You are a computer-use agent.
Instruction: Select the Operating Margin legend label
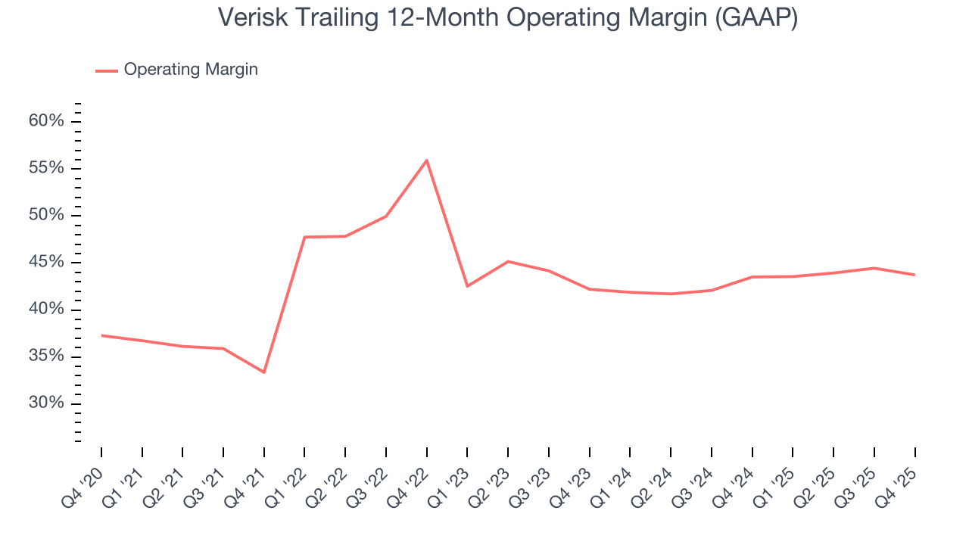click(x=191, y=70)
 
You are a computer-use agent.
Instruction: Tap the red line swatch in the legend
click(x=106, y=70)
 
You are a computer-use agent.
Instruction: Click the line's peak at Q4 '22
click(x=427, y=160)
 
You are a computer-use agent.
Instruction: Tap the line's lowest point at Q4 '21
click(x=264, y=372)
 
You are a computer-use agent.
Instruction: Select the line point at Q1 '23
click(x=467, y=286)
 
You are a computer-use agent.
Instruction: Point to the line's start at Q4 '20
click(x=101, y=335)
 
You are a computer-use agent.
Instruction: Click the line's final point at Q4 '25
click(x=914, y=275)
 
